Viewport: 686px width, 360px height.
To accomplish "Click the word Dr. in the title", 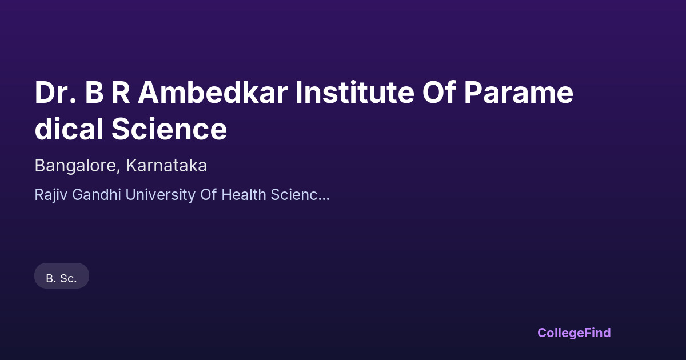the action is pyautogui.click(x=55, y=93).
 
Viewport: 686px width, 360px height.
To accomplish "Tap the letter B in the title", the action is pyautogui.click(x=94, y=93).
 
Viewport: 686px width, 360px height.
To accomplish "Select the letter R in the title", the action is pyautogui.click(x=121, y=93).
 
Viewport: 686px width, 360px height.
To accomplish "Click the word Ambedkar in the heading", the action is pyautogui.click(x=213, y=92).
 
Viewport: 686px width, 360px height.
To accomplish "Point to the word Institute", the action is pyautogui.click(x=355, y=92).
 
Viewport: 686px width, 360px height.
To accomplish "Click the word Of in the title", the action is pyautogui.click(x=439, y=92).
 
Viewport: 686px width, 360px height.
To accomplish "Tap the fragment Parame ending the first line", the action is pyautogui.click(x=519, y=93).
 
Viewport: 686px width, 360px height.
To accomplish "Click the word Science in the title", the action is pyautogui.click(x=169, y=129).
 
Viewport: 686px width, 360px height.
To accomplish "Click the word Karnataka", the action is pyautogui.click(x=166, y=165).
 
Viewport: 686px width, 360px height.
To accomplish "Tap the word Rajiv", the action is pyautogui.click(x=51, y=195).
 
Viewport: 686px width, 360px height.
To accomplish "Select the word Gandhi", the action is pyautogui.click(x=97, y=194).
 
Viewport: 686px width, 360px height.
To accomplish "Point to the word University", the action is pyautogui.click(x=161, y=195).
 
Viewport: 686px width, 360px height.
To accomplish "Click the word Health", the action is pyautogui.click(x=244, y=194).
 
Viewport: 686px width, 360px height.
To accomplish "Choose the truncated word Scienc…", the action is pyautogui.click(x=300, y=195).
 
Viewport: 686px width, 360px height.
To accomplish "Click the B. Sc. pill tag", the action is pyautogui.click(x=62, y=275).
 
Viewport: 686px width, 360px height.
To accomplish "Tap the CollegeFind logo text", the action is pyautogui.click(x=574, y=333).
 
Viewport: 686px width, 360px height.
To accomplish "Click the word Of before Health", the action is pyautogui.click(x=209, y=194).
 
